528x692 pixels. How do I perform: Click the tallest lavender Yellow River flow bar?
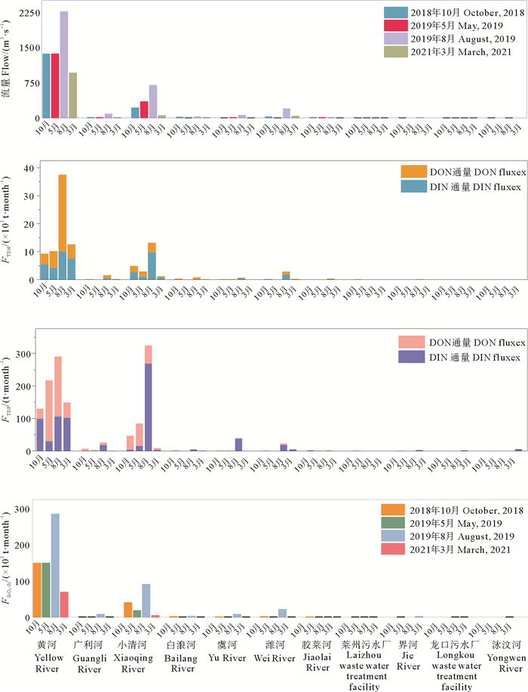(64, 65)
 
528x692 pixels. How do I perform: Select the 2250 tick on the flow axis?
(26, 12)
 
